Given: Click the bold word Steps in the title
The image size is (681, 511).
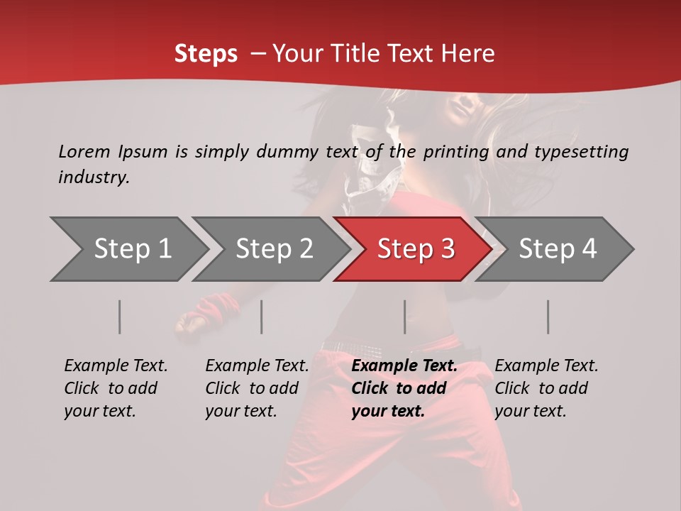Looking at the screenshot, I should point(206,54).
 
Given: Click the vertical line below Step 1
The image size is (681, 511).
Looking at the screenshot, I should point(120,317).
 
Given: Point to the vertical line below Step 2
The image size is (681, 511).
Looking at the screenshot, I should point(262,317).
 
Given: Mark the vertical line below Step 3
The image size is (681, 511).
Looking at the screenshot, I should point(405,317).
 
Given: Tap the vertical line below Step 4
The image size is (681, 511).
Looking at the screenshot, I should point(548,317).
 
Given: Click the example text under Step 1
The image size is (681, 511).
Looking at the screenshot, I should point(116,388).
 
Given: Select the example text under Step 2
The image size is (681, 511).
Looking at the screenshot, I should point(257,388).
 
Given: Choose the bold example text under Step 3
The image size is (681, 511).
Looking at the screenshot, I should point(404,388).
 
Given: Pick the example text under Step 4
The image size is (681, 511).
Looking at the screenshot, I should point(546,388).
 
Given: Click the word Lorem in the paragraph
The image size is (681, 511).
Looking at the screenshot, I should point(84,152).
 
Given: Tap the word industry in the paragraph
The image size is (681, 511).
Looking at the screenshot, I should point(93,177).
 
